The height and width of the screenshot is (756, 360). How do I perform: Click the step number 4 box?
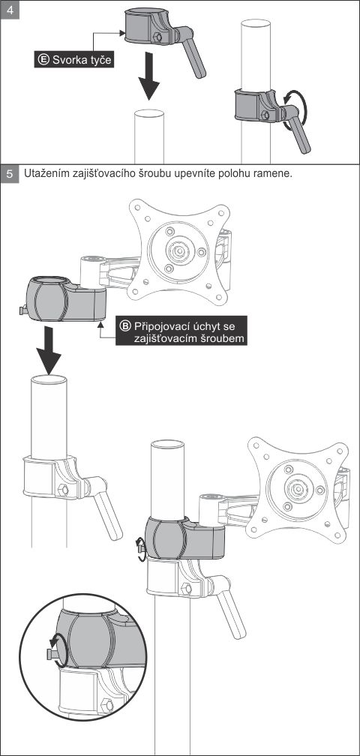(x=10, y=10)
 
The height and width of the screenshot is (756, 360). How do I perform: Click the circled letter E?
(x=43, y=60)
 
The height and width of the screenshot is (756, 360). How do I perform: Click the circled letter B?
(x=126, y=325)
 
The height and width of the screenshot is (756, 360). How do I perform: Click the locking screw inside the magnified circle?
(x=52, y=655)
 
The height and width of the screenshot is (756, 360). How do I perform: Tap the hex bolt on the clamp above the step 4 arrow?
(x=157, y=37)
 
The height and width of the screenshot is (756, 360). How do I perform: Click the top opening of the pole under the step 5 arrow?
(x=49, y=379)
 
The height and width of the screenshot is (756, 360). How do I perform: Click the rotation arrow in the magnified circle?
(x=58, y=650)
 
